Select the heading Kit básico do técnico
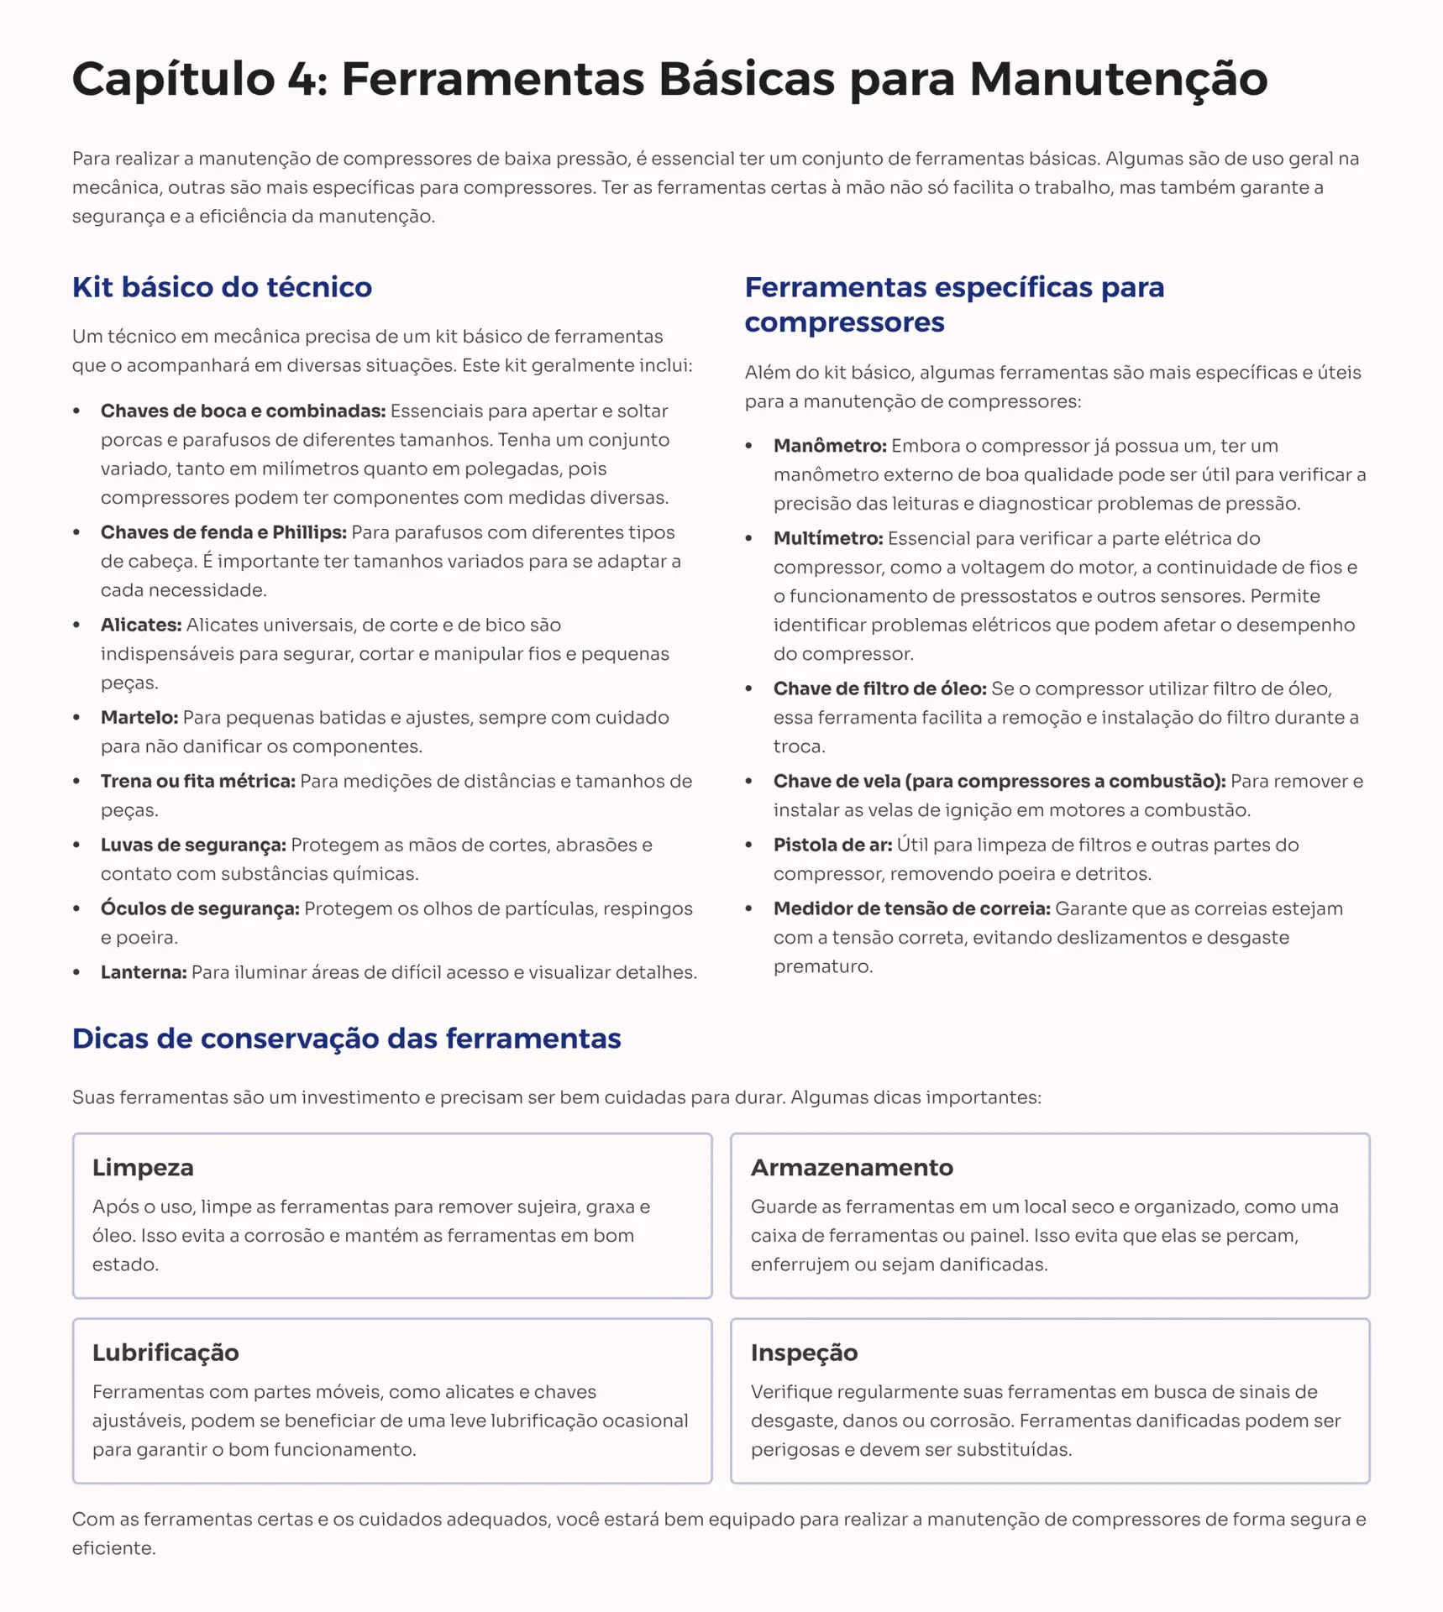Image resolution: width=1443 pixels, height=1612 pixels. coord(222,287)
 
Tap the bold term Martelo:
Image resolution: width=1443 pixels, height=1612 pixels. coord(139,718)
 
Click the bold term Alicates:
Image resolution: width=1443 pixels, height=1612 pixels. coord(141,625)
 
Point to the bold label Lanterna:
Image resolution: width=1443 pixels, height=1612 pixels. coord(144,973)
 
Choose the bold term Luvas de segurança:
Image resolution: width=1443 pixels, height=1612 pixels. coord(193,845)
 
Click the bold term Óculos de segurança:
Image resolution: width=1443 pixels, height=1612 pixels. coord(200,909)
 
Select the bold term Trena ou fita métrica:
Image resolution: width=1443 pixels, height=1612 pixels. coord(198,782)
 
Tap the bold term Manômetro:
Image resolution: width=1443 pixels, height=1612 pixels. coord(830,446)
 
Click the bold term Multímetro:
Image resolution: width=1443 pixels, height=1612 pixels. coord(828,538)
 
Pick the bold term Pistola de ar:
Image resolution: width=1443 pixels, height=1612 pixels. coord(832,845)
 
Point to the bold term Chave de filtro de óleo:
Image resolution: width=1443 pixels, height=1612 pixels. coord(879,689)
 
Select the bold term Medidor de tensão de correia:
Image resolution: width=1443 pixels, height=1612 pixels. coord(911,909)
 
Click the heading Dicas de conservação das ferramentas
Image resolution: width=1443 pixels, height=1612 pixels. coord(346,1039)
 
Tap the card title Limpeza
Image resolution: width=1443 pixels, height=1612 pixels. coord(143,1168)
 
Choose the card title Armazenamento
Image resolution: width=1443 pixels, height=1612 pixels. coord(852,1168)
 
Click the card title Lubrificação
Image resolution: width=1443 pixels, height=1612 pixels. coord(165,1353)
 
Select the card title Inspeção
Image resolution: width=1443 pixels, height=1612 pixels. coord(804,1353)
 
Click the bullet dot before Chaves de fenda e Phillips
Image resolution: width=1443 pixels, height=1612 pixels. coord(76,533)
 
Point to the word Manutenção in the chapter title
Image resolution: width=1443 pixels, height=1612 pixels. coord(1118,79)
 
